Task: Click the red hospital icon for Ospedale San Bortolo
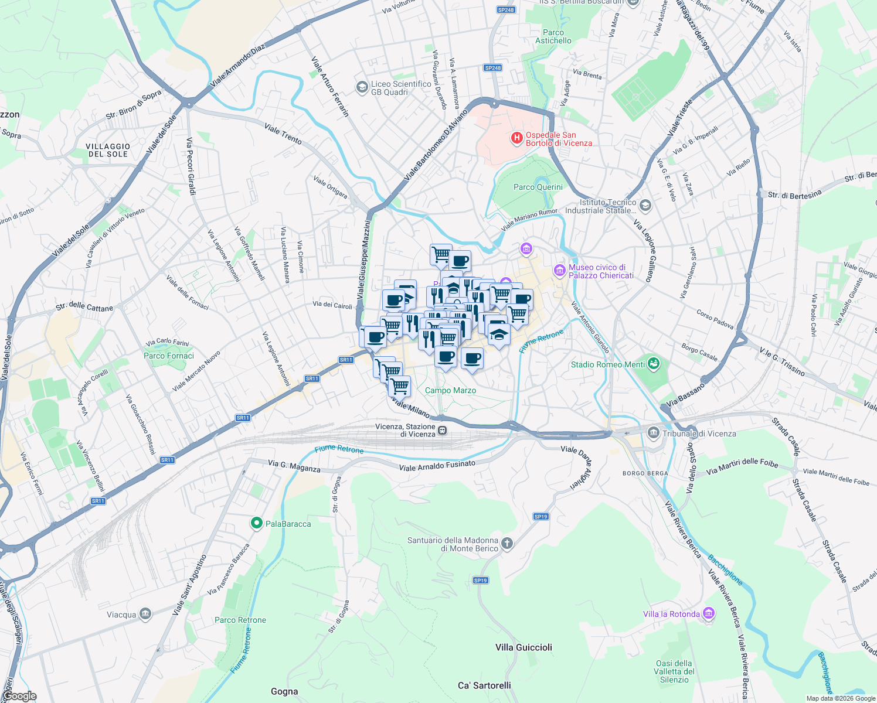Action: click(516, 138)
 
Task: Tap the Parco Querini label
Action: click(538, 187)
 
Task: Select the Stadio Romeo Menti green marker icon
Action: click(654, 364)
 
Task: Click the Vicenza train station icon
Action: click(443, 431)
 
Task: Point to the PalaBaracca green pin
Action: click(256, 523)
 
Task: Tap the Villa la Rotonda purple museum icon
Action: click(709, 613)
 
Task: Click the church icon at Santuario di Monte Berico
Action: click(507, 544)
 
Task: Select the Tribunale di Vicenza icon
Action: click(653, 433)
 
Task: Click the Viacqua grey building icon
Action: click(145, 614)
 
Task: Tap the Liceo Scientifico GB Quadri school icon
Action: click(362, 87)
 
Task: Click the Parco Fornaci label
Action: click(168, 356)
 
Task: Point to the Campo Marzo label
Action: click(450, 390)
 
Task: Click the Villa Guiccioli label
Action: click(524, 647)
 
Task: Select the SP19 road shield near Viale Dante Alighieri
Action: click(541, 516)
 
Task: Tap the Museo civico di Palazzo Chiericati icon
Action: click(559, 271)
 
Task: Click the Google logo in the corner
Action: click(19, 696)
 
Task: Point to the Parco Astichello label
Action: click(553, 36)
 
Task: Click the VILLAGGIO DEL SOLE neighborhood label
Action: click(108, 150)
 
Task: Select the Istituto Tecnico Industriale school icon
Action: click(645, 205)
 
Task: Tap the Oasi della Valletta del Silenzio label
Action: click(674, 671)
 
